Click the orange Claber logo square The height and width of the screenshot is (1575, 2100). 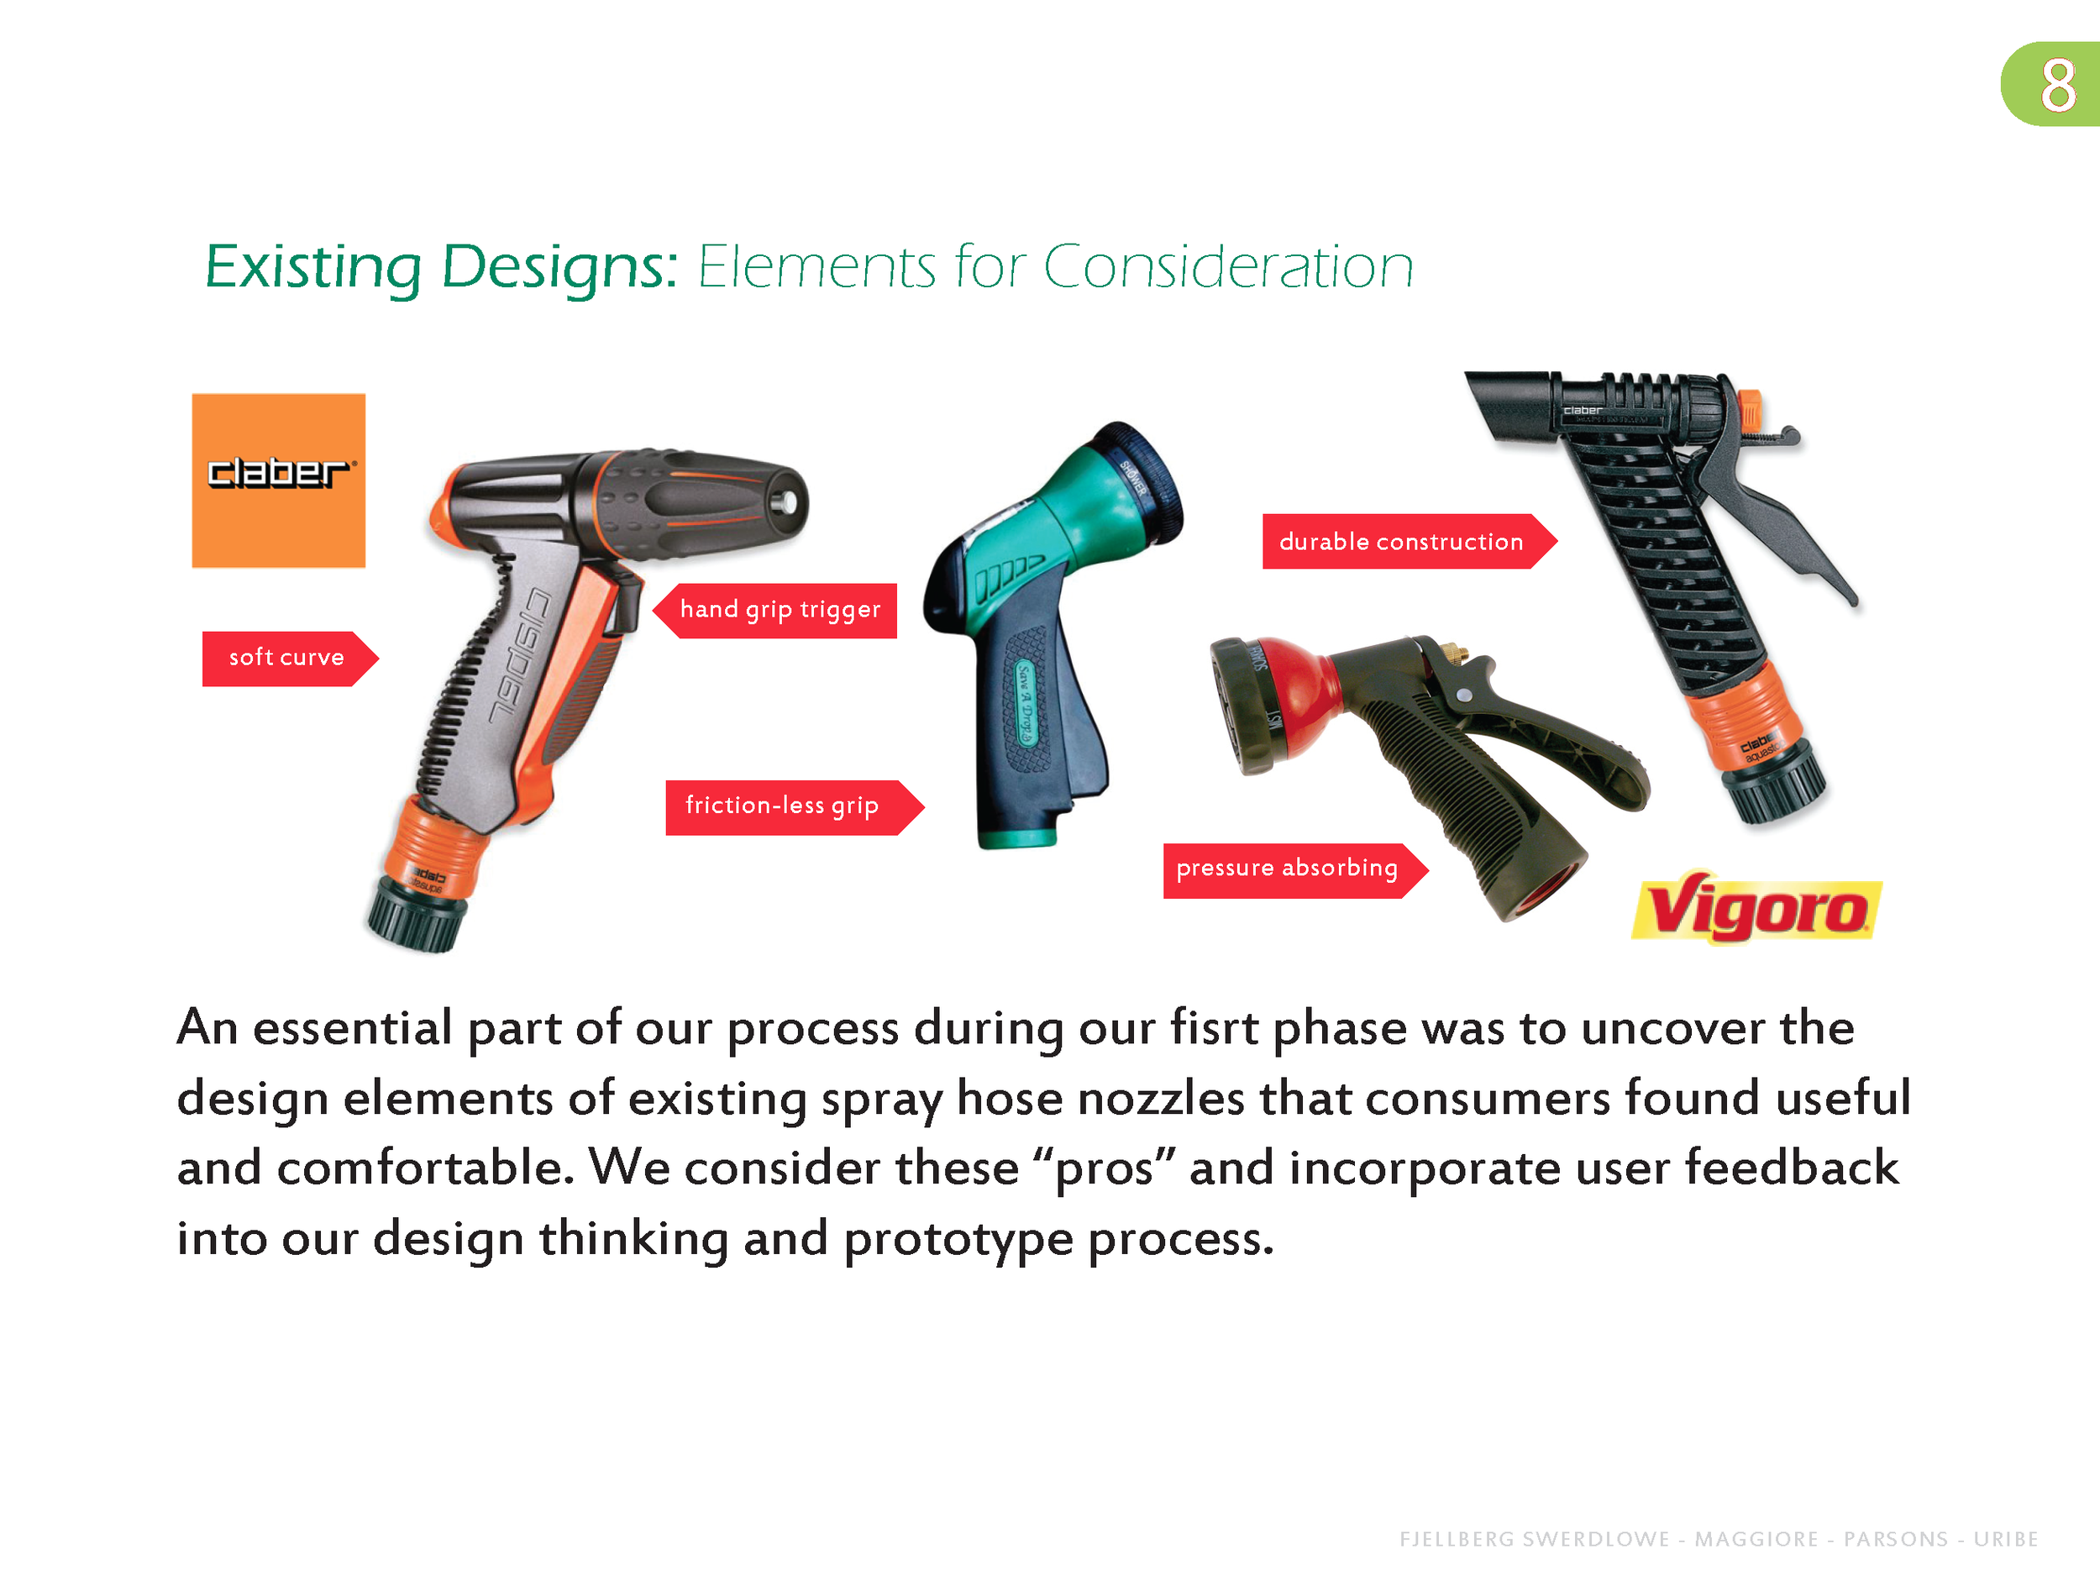[278, 480]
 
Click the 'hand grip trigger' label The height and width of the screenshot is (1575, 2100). [780, 611]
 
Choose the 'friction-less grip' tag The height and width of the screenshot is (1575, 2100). [781, 807]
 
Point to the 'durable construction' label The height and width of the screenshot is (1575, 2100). [1400, 542]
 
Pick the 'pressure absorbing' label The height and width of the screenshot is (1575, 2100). [1286, 869]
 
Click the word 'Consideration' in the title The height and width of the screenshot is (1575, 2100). [1228, 267]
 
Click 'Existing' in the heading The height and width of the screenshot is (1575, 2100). [312, 267]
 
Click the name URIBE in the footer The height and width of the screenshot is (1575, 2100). [2005, 1539]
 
